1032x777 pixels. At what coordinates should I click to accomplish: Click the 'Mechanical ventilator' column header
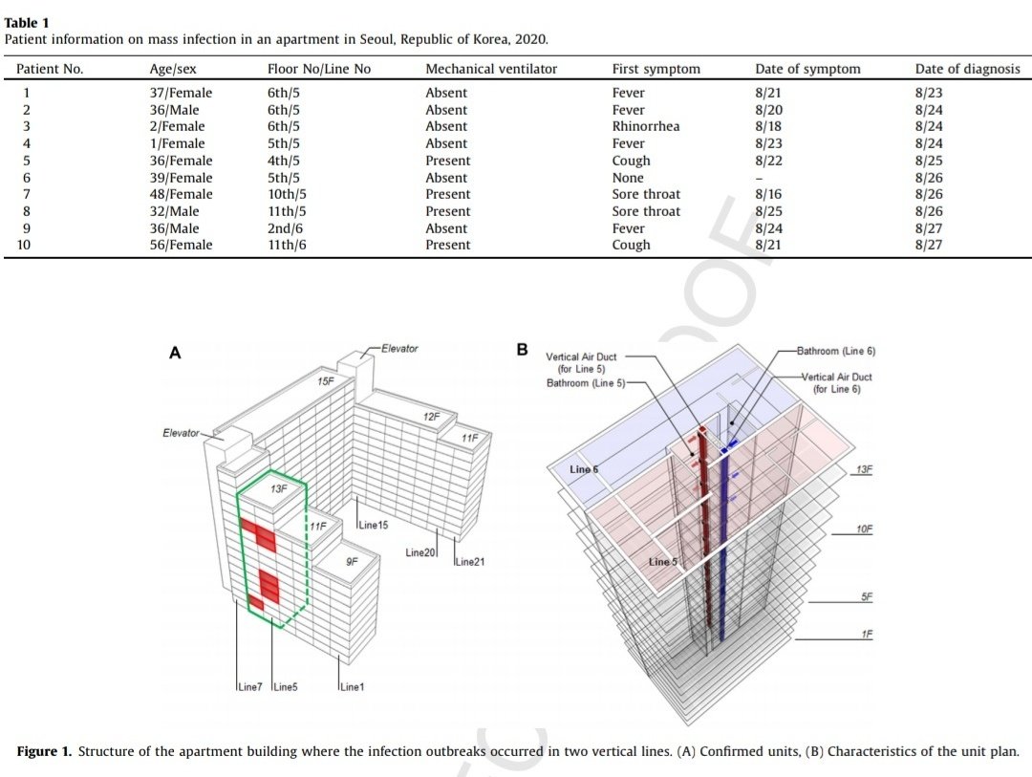click(491, 69)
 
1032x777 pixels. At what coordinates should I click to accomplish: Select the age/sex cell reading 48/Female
click(182, 194)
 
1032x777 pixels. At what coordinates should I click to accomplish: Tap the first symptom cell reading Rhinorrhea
click(646, 126)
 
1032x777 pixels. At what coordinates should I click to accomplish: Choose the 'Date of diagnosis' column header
click(967, 69)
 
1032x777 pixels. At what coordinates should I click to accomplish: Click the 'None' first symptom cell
click(628, 178)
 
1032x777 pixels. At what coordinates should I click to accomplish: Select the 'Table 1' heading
click(26, 22)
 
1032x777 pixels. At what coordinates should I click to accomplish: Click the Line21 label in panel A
click(469, 562)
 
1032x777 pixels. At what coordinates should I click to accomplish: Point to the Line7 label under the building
click(249, 687)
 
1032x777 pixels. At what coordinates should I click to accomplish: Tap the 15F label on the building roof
click(325, 382)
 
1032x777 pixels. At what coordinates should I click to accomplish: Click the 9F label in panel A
click(352, 562)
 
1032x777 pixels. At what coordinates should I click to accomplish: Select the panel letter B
click(522, 351)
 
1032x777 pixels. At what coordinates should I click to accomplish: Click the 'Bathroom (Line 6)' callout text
click(839, 351)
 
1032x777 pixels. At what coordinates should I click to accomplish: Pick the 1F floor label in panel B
click(866, 634)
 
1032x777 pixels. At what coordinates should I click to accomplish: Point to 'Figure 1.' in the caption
click(44, 751)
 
